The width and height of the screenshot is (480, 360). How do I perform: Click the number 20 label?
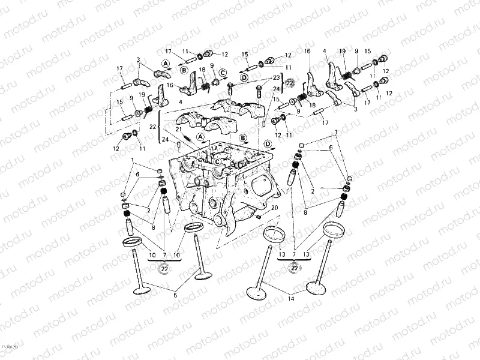tap(275, 208)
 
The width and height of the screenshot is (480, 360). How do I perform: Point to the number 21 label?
tap(178, 130)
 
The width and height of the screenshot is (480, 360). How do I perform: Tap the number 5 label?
tap(176, 295)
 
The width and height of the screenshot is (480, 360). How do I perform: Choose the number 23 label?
tap(277, 77)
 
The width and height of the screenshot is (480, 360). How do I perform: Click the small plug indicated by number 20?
tap(258, 217)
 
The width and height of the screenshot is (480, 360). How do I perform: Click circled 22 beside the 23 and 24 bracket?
tap(290, 82)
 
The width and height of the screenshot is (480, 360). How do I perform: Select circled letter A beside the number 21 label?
tap(200, 136)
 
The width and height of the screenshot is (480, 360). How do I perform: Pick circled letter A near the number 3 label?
tap(165, 63)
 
